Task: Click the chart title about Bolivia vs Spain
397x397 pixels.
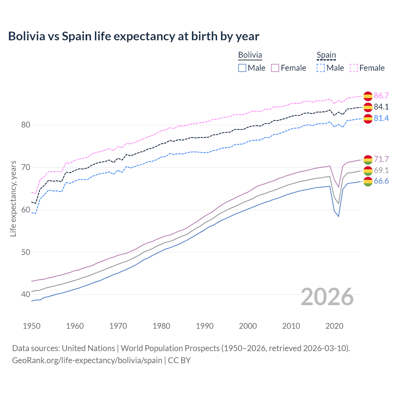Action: tap(133, 36)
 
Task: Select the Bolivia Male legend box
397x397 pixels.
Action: tap(242, 68)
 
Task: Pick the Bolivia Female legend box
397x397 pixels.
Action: tap(275, 68)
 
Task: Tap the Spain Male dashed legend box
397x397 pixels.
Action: tap(321, 68)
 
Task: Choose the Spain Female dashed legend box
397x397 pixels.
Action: tap(354, 68)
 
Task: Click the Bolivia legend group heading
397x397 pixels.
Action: tap(250, 55)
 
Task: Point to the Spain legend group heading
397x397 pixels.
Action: tap(326, 55)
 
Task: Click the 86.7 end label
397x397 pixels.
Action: tap(381, 96)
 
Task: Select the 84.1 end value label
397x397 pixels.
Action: tap(381, 107)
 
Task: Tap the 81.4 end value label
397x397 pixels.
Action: tap(381, 118)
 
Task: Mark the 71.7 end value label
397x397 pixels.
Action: tap(381, 159)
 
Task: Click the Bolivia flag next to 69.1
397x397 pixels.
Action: tap(368, 171)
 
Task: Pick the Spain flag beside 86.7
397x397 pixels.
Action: tap(368, 96)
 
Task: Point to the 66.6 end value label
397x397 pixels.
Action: tap(381, 181)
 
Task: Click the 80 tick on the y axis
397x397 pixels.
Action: tap(26, 125)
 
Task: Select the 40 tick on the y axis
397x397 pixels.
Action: tap(26, 294)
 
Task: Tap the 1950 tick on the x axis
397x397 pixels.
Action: tap(32, 326)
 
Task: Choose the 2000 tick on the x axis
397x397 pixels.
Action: tap(248, 326)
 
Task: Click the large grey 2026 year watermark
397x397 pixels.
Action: tap(327, 297)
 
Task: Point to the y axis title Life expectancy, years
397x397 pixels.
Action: tap(13, 198)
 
